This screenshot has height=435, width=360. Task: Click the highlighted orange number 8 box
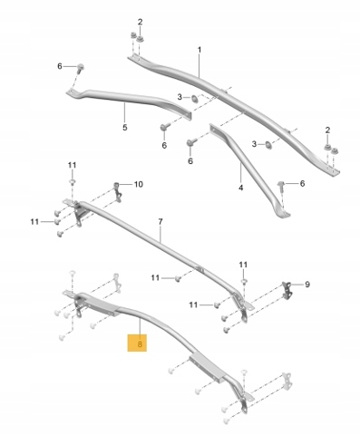[137, 343]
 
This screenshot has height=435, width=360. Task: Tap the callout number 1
[199, 50]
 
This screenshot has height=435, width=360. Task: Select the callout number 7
[161, 222]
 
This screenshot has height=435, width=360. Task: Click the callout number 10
[138, 184]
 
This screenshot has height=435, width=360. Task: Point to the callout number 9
[307, 285]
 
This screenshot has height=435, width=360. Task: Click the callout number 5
[125, 128]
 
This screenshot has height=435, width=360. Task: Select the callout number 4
[240, 188]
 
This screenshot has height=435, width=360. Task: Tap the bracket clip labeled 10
[118, 191]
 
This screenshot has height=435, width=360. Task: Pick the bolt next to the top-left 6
[81, 68]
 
